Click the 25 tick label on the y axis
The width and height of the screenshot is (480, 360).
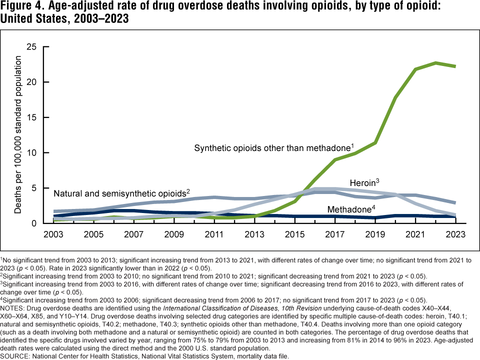tap(31, 47)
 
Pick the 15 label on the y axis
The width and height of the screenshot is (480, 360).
tap(31, 117)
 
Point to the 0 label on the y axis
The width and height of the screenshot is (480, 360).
tap(34, 223)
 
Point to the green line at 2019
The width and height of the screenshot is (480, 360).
tap(375, 143)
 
